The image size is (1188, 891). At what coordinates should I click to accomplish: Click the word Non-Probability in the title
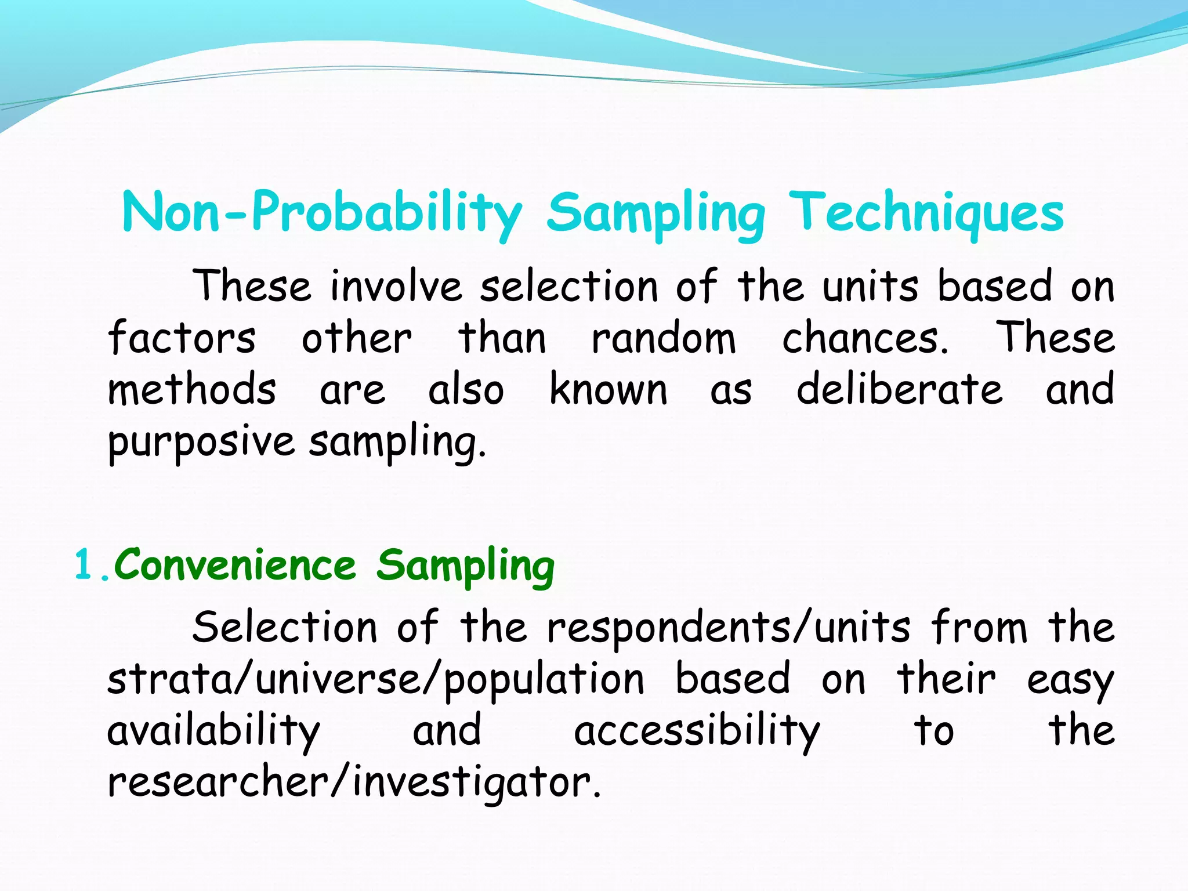pos(322,213)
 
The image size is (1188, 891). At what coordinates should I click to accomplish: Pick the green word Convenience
pos(235,565)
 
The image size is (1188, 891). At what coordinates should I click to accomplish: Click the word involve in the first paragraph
pos(396,287)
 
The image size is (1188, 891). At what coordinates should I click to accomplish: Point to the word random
pos(664,339)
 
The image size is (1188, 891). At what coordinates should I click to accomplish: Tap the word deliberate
pos(899,389)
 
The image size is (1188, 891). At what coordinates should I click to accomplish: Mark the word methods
pos(192,389)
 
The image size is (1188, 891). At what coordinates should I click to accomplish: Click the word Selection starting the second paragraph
pos(285,628)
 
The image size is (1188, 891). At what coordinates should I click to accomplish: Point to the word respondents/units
pos(729,629)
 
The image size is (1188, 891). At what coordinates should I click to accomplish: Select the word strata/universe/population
pos(375,680)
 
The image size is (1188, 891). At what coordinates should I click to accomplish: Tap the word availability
pos(213,731)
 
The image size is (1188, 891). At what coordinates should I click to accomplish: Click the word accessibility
pos(697,731)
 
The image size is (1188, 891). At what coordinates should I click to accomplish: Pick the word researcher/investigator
pos(354,783)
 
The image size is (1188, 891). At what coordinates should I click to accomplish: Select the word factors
pos(182,339)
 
